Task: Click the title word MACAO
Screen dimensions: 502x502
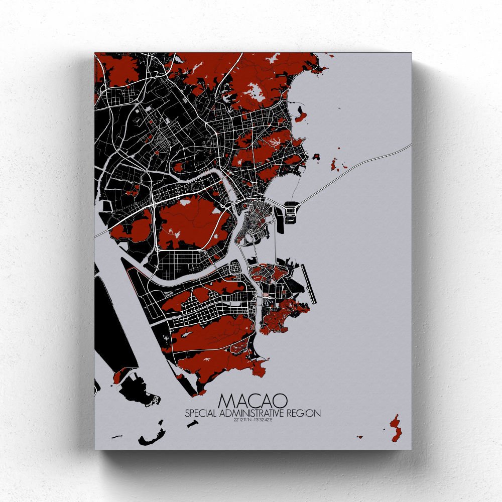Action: click(253, 401)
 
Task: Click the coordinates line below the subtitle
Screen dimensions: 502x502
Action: click(253, 421)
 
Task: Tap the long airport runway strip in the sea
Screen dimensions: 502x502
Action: click(308, 284)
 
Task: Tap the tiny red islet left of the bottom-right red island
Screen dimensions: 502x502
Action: click(358, 437)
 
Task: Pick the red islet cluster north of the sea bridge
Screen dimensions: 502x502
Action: click(334, 163)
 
